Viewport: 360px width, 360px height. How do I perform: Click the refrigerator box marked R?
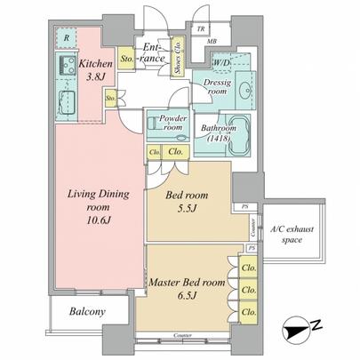click(x=65, y=37)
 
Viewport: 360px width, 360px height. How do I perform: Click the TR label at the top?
click(x=201, y=28)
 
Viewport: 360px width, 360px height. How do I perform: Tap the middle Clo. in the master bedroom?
click(x=249, y=289)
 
